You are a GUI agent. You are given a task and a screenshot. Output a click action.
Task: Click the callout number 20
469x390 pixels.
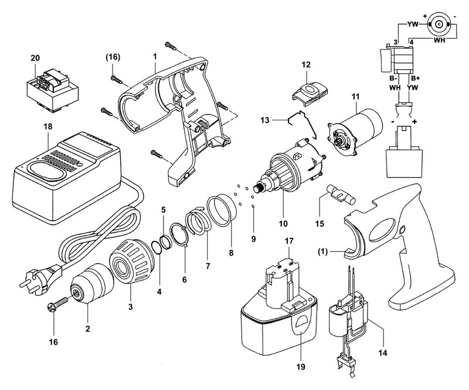coord(36,58)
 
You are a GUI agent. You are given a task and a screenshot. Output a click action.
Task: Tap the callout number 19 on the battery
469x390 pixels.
coord(300,337)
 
